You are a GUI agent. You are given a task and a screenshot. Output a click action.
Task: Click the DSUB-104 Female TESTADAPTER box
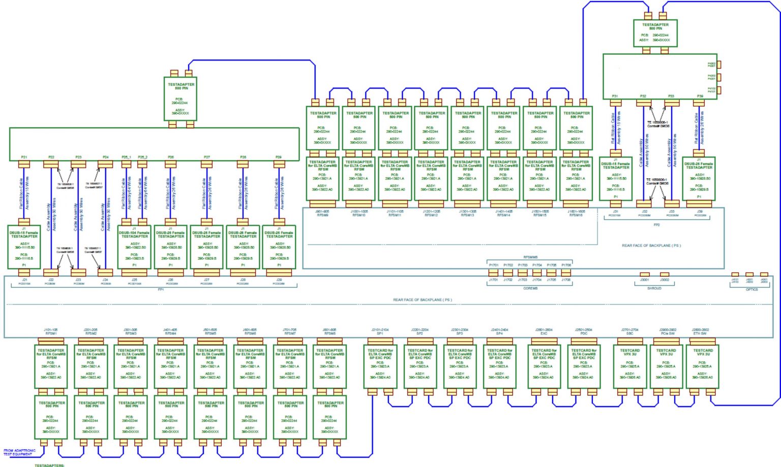coord(134,247)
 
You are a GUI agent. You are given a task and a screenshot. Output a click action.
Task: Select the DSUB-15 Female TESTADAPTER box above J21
coord(24,247)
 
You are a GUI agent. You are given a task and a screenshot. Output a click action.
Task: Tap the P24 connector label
coord(105,158)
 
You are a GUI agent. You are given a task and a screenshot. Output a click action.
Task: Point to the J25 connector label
coord(134,279)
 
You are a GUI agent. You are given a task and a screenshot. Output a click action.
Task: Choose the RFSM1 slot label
coord(51,334)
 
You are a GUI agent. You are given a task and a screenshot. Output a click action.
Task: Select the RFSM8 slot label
coord(329,334)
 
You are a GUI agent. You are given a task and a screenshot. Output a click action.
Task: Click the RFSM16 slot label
coord(576,215)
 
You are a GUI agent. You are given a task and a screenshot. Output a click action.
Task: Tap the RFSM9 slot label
coord(322,215)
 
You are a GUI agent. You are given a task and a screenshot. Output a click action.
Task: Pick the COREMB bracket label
coord(530,288)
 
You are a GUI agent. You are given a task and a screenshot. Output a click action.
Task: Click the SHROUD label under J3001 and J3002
coord(654,288)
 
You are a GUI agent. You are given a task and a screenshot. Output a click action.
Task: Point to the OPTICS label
coord(752,289)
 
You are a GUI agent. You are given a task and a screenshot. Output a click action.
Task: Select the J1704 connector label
coord(537,280)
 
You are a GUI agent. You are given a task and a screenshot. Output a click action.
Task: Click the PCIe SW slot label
coord(668,334)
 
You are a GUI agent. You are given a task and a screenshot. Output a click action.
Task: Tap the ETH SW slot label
coord(700,334)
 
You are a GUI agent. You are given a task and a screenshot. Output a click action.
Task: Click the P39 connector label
coord(700,96)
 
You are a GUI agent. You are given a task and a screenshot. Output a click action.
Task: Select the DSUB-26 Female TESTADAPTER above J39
coord(699,178)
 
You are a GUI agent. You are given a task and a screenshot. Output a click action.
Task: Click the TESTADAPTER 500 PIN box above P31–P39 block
coord(655,33)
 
